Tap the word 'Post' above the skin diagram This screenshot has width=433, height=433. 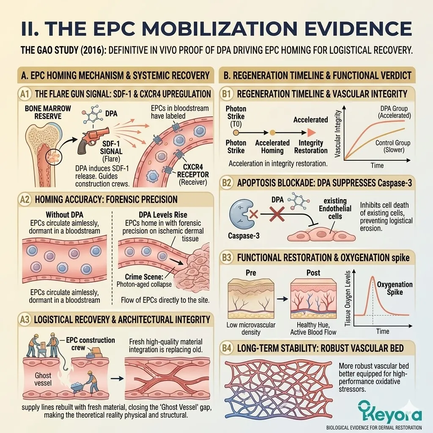(313, 272)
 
